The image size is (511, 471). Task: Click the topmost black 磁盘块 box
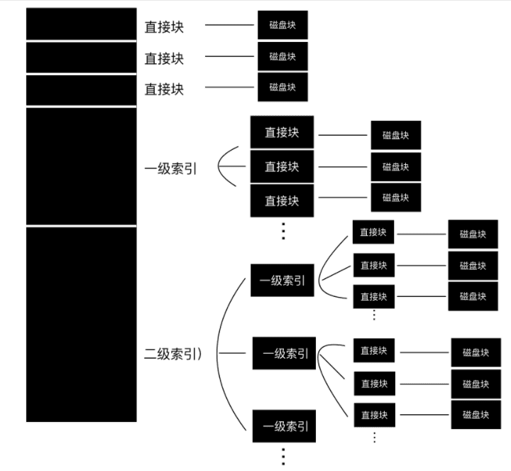282,25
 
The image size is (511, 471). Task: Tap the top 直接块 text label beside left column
164,27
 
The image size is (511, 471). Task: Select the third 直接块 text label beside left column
164,89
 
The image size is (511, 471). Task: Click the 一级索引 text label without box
171,169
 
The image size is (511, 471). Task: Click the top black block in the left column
81,23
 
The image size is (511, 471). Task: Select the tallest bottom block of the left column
81,325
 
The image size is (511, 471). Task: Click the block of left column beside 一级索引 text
81,166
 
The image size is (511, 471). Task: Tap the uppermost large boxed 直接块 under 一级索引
282,132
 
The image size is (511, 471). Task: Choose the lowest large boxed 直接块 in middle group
282,200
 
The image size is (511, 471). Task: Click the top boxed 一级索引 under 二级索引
282,281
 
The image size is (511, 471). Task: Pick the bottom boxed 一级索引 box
284,426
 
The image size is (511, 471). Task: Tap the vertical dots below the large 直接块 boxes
282,230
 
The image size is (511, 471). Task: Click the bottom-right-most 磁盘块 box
476,414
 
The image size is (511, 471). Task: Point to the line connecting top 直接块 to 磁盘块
229,26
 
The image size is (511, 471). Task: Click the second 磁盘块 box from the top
282,56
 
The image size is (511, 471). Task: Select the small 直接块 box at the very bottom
374,414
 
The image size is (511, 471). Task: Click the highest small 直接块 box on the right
373,232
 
